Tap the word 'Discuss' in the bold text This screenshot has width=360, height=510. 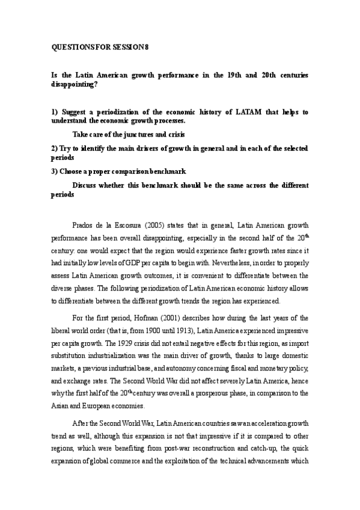tap(86, 186)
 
